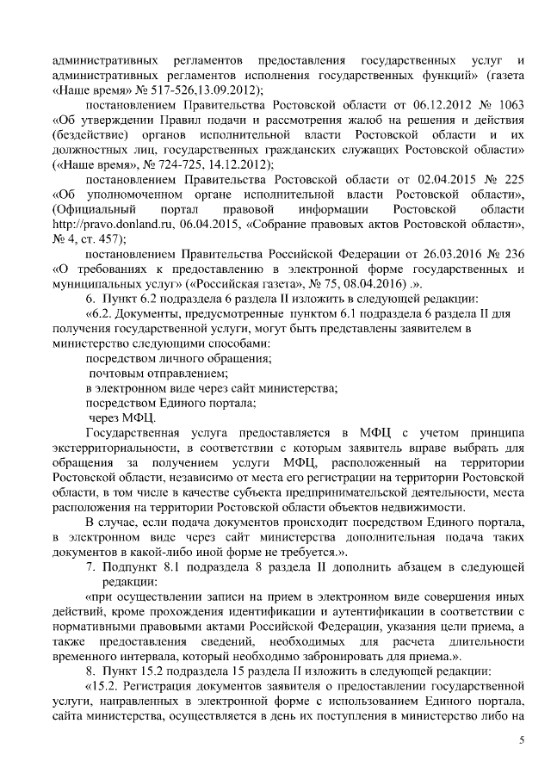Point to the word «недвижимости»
pyautogui.click(x=427, y=507)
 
